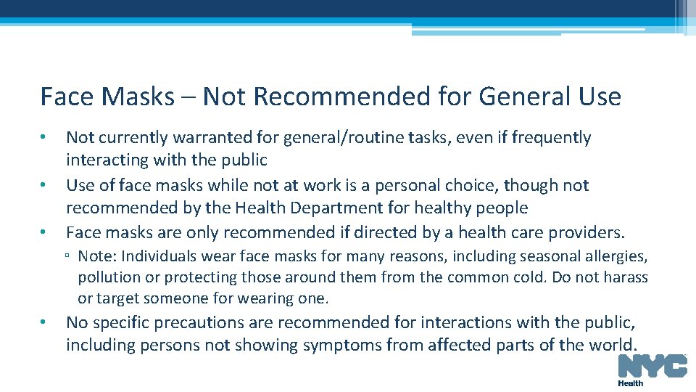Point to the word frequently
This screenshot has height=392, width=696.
tap(552, 137)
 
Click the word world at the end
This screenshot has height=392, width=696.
tap(614, 345)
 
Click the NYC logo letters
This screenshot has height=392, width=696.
tap(652, 366)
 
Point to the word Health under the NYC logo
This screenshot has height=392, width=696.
tap(630, 383)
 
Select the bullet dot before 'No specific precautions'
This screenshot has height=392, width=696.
tap(44, 322)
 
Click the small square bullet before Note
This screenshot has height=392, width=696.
tap(66, 257)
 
